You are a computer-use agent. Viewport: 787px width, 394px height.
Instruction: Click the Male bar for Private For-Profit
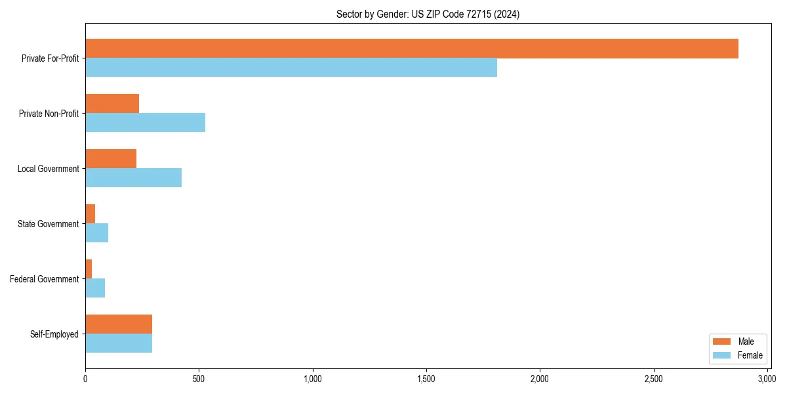coord(412,49)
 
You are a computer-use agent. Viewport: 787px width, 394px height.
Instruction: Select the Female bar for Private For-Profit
coord(291,68)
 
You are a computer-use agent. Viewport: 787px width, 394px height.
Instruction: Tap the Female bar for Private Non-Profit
coord(145,123)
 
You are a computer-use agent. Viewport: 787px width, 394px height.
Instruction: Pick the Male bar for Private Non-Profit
coord(112,104)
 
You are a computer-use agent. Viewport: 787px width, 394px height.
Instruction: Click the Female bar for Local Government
coord(133,178)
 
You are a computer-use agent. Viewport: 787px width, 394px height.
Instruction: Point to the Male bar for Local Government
coord(111,159)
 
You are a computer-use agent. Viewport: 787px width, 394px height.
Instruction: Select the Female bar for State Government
coord(96,233)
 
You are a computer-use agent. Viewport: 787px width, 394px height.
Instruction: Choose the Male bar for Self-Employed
coord(119,324)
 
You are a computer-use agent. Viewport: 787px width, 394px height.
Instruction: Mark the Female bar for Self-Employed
coord(119,343)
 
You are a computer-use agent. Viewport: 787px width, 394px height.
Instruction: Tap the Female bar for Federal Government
coord(95,288)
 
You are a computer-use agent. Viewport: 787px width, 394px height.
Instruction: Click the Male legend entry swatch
coord(721,341)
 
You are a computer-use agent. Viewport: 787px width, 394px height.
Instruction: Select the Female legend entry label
coord(750,355)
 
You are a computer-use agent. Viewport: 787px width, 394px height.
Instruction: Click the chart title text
coord(428,14)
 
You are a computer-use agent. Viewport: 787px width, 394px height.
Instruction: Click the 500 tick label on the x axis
coord(199,379)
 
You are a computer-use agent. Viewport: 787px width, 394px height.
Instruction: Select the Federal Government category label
coord(45,279)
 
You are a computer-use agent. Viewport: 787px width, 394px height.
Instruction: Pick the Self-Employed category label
coord(54,334)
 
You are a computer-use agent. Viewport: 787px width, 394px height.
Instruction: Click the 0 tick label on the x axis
coord(85,379)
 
